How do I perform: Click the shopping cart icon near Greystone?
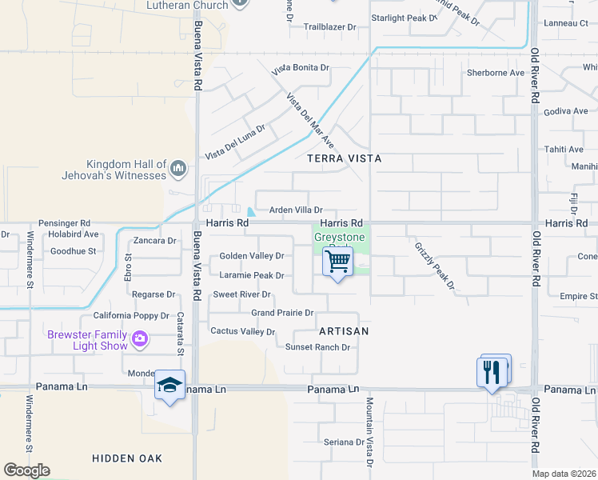(338, 261)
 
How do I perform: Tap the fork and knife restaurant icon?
(492, 372)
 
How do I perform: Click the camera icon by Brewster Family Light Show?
(140, 339)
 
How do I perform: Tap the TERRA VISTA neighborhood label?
(345, 159)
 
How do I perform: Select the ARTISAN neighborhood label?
(344, 331)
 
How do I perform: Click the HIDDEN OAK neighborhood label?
(127, 458)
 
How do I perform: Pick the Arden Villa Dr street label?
(295, 210)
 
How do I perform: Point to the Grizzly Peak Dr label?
(434, 266)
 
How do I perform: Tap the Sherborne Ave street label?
(496, 73)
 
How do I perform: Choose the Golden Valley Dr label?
(252, 256)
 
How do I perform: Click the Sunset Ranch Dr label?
(318, 347)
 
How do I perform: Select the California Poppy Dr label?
(131, 316)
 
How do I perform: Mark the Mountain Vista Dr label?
(370, 432)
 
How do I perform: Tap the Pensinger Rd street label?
(64, 223)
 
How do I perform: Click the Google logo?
(26, 470)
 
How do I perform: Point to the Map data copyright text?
(564, 474)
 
